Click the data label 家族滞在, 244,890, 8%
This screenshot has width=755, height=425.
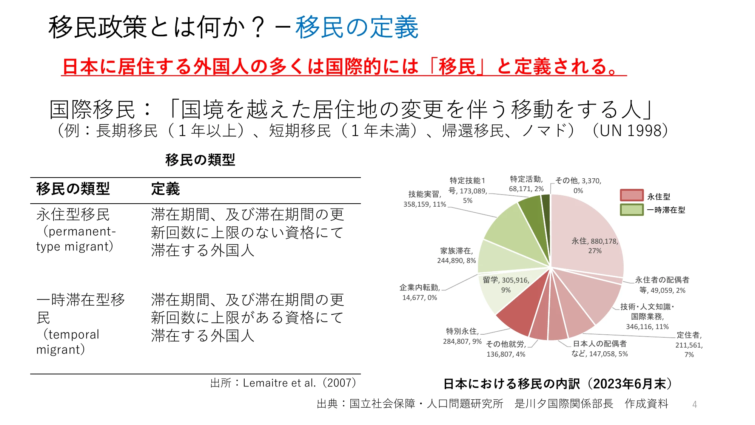pos(456,256)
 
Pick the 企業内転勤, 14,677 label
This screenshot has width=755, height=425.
pos(420,292)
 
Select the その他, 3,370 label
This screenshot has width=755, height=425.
pos(578,185)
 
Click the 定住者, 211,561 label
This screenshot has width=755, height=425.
pos(689,345)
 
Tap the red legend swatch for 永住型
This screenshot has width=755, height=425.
pos(632,195)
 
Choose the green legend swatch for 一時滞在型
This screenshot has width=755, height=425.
pos(632,210)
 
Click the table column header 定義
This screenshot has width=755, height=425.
pos(165,189)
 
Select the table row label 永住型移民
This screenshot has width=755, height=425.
pos(73,215)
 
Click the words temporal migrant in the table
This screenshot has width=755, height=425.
pos(68,342)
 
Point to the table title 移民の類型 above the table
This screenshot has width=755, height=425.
pos(200,160)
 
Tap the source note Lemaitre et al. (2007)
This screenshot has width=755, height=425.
pos(283,383)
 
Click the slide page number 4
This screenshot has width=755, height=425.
pos(695,405)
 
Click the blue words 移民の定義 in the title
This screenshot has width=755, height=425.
pos(357,28)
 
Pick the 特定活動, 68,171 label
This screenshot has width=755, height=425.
pos(526,184)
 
